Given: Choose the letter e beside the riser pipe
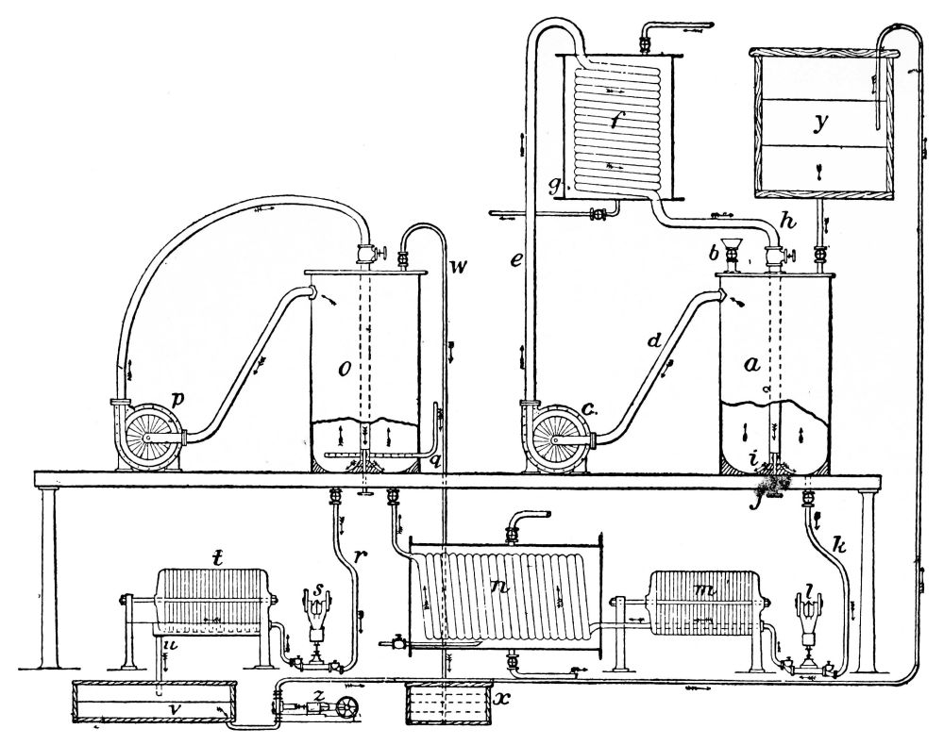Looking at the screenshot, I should [x=516, y=263].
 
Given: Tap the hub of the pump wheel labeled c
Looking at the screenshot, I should [x=557, y=441].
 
